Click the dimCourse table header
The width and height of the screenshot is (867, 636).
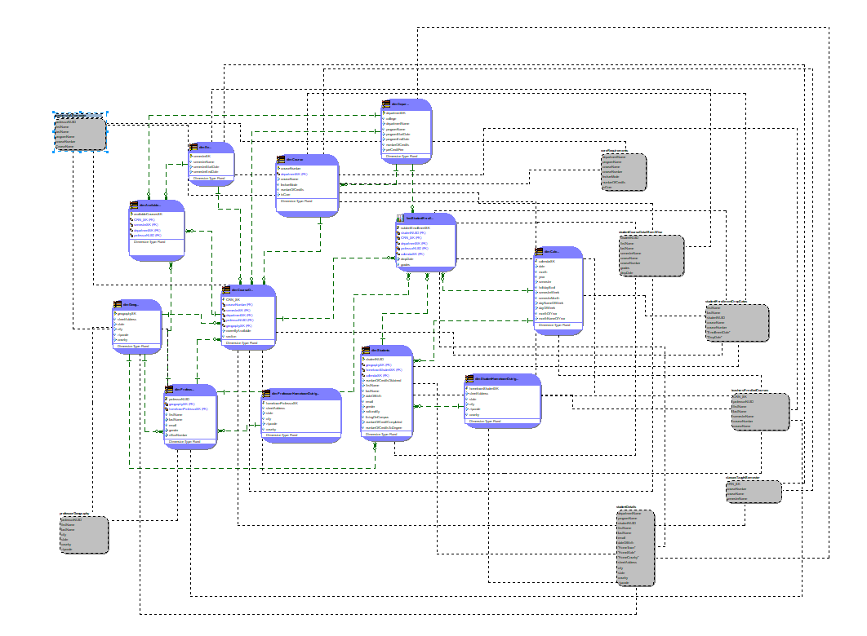coord(307,160)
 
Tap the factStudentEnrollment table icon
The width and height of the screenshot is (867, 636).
coord(400,219)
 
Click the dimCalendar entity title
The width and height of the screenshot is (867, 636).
coord(558,251)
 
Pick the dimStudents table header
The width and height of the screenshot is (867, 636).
coord(387,351)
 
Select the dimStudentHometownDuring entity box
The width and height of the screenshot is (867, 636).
coord(502,401)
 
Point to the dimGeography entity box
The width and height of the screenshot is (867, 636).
coord(137,326)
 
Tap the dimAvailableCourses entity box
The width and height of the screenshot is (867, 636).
coord(157,231)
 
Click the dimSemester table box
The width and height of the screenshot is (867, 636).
coord(211,163)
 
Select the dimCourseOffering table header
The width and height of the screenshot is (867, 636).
coord(248,289)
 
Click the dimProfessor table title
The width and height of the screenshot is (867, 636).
coord(190,389)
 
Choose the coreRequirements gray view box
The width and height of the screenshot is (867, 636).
coord(624,172)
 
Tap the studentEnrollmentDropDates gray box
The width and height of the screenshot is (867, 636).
coord(736,323)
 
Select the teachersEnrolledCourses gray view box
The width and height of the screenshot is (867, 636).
coord(760,412)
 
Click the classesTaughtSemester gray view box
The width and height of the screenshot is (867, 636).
coord(753,491)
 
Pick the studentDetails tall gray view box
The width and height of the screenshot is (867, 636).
coord(635,547)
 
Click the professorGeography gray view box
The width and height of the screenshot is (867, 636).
coord(83,535)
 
